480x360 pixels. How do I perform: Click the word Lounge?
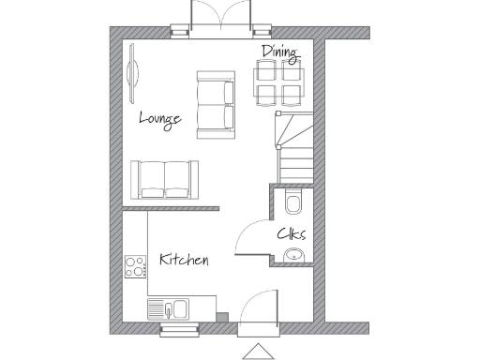tap(159, 118)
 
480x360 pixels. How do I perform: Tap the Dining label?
tap(280, 52)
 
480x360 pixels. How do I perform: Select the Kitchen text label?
tap(183, 260)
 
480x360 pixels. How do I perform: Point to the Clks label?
tap(291, 234)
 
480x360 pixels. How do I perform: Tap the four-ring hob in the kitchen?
tap(135, 266)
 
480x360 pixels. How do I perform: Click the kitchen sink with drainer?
tap(169, 308)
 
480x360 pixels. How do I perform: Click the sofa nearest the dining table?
tap(215, 103)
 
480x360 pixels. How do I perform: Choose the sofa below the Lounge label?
tap(164, 179)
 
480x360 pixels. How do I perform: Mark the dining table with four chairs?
tap(278, 82)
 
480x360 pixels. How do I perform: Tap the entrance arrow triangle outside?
tap(256, 352)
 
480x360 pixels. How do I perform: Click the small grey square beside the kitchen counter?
tap(221, 316)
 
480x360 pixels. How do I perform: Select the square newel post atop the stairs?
tap(277, 113)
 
